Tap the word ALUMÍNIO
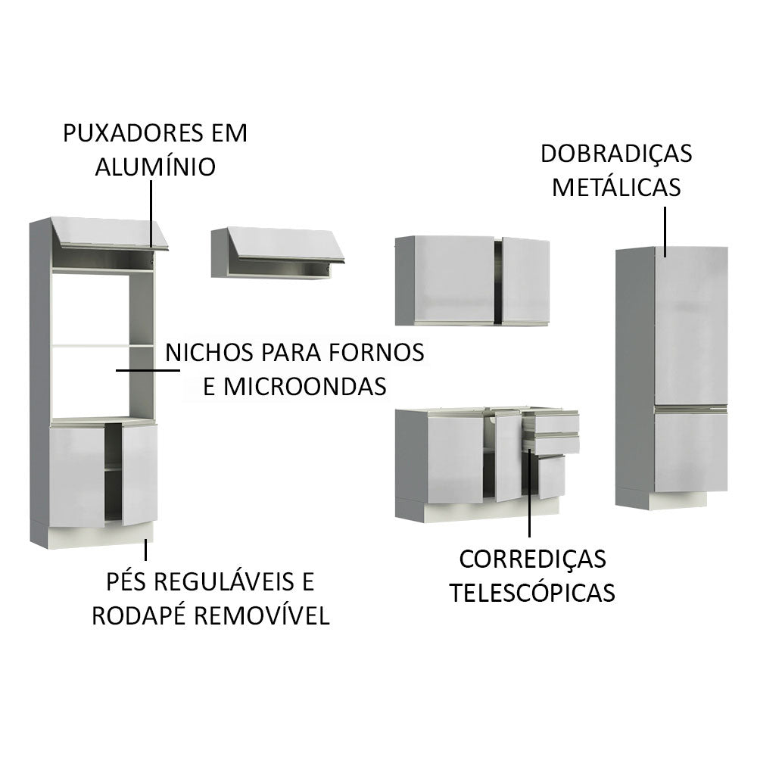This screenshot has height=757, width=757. (154, 167)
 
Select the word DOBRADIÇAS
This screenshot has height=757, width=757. (615, 153)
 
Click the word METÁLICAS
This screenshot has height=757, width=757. (615, 186)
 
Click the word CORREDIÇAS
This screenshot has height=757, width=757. (532, 559)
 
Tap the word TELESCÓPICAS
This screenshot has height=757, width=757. (532, 592)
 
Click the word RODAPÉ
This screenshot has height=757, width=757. (139, 615)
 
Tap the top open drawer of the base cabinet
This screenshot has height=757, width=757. (550, 422)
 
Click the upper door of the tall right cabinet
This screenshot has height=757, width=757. (690, 326)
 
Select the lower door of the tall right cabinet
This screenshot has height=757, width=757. (690, 452)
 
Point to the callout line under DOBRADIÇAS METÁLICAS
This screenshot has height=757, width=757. (665, 230)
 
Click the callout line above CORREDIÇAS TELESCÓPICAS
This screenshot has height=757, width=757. (529, 493)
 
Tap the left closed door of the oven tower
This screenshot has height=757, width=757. (76, 475)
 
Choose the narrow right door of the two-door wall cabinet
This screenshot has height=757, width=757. (525, 279)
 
